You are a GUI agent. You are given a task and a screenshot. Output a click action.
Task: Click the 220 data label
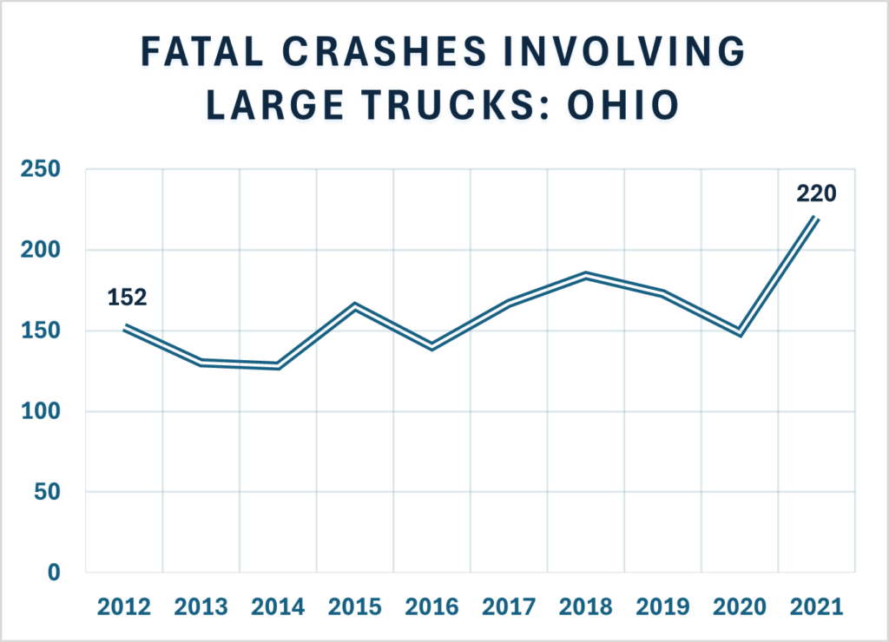[x=817, y=193]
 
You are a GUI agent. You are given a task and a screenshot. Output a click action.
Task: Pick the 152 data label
[x=128, y=298]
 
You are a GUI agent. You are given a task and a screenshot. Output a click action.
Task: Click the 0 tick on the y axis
[x=53, y=573]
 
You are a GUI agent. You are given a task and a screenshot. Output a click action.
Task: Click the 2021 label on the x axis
[x=817, y=606]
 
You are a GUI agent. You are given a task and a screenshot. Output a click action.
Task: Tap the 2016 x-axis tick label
[x=432, y=606]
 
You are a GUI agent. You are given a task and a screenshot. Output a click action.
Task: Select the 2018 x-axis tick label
[x=586, y=606]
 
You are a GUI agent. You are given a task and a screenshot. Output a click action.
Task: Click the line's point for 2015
[x=355, y=305]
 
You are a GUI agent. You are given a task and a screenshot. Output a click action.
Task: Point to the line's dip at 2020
[x=740, y=331]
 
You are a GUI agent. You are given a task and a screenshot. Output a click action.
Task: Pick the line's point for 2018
[x=586, y=275]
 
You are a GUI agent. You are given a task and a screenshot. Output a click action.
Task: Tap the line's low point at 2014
[x=279, y=365]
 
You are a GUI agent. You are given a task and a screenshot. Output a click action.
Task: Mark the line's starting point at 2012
[x=125, y=327]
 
